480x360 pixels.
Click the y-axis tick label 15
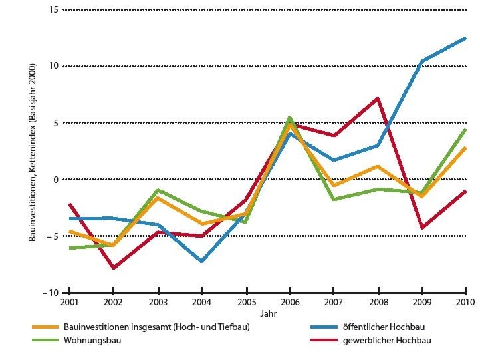(53, 9)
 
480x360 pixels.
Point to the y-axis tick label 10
(53, 66)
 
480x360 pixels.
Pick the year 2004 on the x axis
(201, 304)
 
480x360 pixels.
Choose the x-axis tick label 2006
(290, 304)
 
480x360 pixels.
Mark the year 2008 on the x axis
(378, 304)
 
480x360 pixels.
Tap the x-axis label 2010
(464, 304)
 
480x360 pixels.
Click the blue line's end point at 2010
(465, 38)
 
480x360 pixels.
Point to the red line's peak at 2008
(378, 98)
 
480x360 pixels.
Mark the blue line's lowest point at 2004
(201, 261)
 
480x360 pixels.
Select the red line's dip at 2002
(114, 268)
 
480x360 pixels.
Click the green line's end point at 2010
(465, 130)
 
